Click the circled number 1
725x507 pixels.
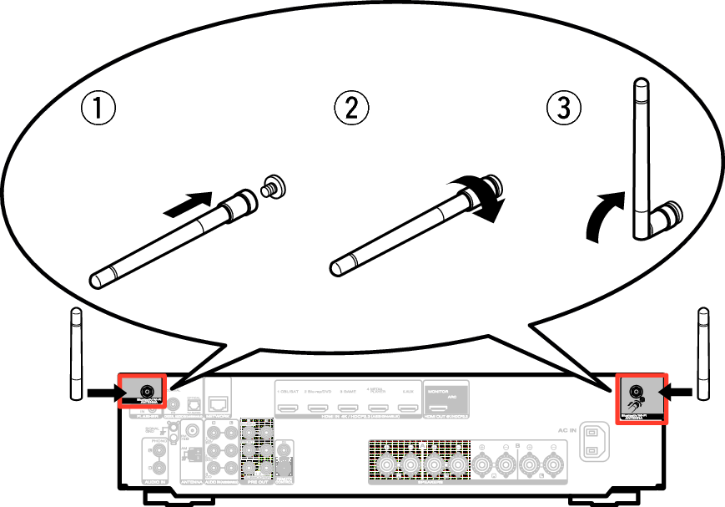point(98,108)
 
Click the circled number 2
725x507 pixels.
point(350,108)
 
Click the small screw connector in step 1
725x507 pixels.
point(270,186)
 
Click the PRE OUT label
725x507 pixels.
point(254,483)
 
